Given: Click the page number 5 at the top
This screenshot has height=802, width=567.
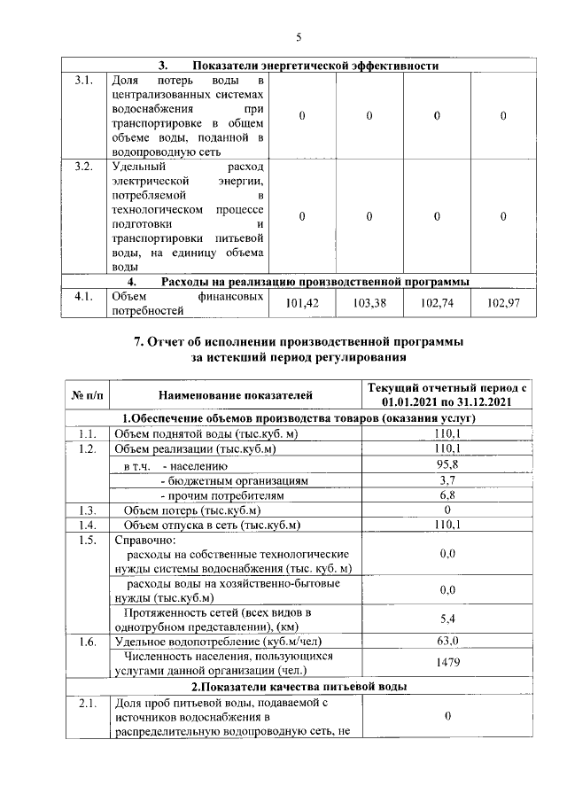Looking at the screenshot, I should coord(299,37).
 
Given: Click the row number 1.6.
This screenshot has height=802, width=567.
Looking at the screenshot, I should coord(86,641).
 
